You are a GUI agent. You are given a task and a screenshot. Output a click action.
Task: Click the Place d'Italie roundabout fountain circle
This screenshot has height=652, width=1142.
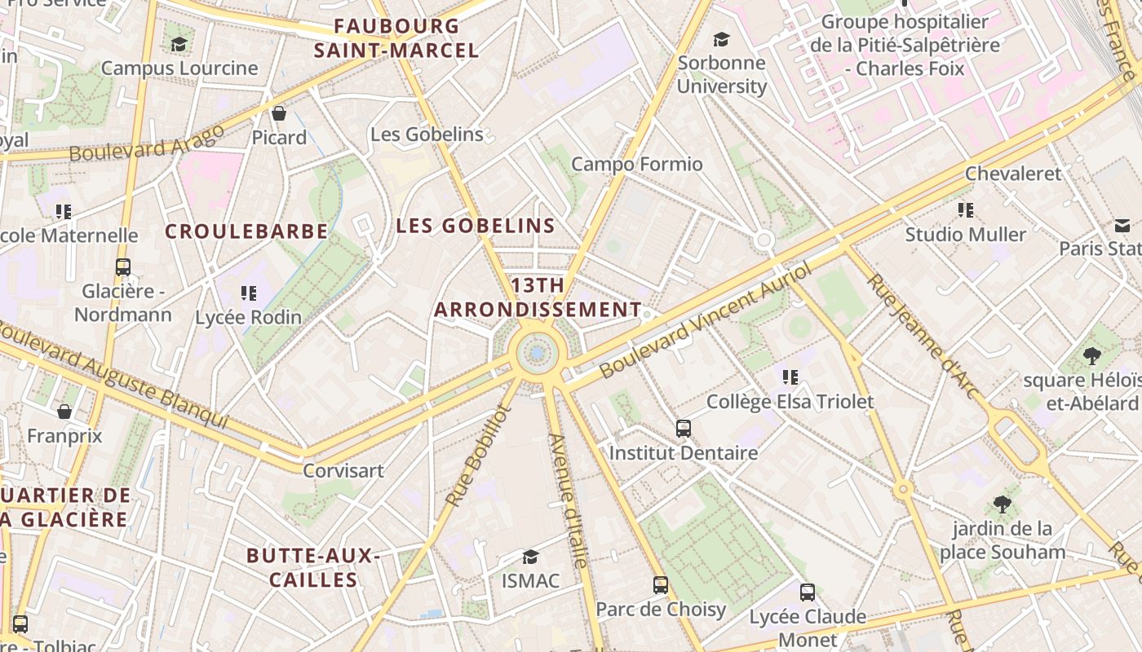[537, 353]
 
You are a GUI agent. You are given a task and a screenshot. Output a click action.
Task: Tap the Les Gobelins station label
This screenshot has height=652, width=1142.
[427, 134]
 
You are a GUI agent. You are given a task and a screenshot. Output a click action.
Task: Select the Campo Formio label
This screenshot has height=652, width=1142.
[636, 164]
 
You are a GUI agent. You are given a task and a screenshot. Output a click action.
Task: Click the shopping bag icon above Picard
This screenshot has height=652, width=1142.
[279, 113]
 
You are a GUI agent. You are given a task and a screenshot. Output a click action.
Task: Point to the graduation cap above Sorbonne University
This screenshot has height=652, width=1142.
[721, 39]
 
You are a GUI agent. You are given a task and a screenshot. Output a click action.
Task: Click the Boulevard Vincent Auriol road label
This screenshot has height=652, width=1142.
[706, 319]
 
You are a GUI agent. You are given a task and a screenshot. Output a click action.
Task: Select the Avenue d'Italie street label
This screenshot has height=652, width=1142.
[568, 500]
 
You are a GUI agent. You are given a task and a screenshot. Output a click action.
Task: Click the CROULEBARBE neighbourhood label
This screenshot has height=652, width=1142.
[246, 231]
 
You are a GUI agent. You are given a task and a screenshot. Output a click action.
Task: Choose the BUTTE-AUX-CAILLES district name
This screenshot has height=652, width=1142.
[313, 567]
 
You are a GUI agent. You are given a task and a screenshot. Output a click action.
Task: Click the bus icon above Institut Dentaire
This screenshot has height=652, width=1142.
[684, 428]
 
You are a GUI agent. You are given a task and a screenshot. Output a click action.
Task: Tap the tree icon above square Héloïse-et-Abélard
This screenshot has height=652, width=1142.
[1091, 356]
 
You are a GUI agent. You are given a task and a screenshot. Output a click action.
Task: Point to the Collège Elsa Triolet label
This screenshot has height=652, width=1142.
[790, 402]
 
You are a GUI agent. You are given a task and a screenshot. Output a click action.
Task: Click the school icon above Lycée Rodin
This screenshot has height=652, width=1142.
[249, 293]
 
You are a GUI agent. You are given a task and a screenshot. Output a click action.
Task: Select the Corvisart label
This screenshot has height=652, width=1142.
[343, 470]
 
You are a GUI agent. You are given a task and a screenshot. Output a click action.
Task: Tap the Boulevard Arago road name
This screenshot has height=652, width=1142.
[146, 143]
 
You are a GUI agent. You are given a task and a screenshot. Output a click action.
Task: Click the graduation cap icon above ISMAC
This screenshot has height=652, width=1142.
[530, 557]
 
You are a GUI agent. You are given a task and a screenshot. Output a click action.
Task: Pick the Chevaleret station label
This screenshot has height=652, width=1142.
[1013, 174]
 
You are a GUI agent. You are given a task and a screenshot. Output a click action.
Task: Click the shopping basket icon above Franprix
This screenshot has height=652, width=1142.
[64, 412]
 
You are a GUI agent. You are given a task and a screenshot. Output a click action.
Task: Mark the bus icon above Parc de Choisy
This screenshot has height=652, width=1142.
[661, 584]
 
